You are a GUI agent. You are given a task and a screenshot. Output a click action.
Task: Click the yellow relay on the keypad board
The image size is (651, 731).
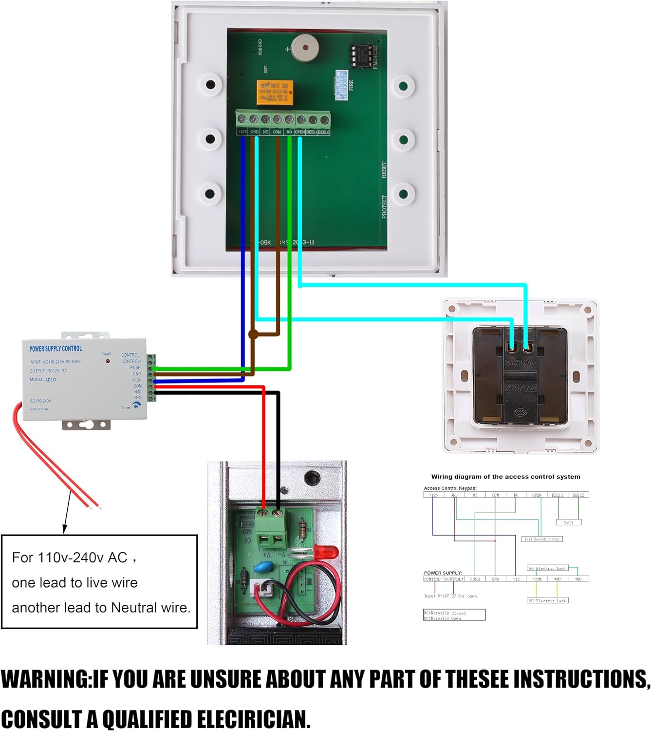coord(275,93)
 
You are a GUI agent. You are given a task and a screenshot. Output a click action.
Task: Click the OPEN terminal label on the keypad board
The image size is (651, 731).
coord(300,132)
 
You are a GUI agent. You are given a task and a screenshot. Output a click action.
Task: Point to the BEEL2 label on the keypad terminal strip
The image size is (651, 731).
coord(324,132)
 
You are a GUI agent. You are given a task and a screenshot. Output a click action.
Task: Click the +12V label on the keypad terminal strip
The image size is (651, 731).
coord(242,132)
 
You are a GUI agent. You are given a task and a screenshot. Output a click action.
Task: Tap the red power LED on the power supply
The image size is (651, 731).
coord(108,361)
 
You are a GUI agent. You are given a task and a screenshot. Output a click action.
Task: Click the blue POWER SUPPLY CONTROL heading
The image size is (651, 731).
coord(56,349)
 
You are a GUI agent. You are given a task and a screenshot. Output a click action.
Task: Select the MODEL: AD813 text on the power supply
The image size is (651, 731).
coord(43,380)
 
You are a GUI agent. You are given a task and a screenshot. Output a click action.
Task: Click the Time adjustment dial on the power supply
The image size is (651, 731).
coord(135,406)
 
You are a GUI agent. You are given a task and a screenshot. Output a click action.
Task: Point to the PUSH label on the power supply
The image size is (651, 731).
coord(135,367)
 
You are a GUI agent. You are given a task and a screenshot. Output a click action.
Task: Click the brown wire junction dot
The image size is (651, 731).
coord(253,334)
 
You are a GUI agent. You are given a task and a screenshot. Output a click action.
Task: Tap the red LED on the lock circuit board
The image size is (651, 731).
coord(326,552)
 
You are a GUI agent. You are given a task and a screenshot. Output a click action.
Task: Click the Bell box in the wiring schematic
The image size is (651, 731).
coord(568,522)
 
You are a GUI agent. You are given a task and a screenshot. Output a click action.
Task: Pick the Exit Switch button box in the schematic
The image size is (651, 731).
coord(542,539)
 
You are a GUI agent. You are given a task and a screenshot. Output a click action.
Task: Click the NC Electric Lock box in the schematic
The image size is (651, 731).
coord(547,601)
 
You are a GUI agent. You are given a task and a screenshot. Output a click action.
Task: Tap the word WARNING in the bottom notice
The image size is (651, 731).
coord(46,679)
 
